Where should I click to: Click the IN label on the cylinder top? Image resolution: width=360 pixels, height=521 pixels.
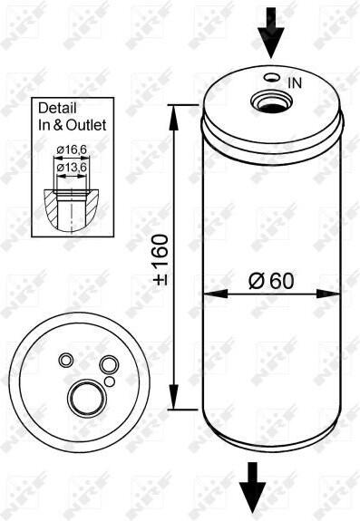295,82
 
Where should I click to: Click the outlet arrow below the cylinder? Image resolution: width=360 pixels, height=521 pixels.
253,491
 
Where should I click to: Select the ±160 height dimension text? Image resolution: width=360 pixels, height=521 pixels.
161,259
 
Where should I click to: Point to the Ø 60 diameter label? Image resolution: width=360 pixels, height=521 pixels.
271,281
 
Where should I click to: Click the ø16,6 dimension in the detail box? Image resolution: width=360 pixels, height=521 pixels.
72,150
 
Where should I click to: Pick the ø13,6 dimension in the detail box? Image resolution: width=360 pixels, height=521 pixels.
72,168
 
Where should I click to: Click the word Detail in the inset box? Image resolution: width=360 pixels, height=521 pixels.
57,108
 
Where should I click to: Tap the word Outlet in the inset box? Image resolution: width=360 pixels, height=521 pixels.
86,125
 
